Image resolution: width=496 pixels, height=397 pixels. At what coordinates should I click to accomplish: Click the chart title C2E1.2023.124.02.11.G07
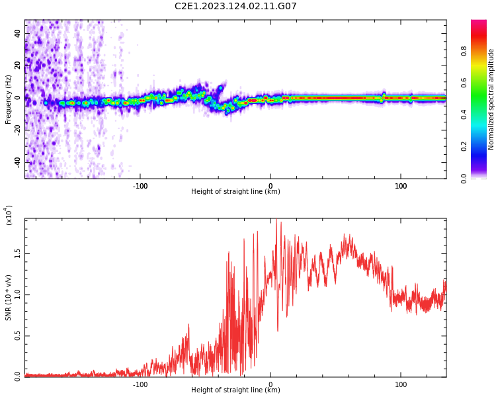[x=235, y=7]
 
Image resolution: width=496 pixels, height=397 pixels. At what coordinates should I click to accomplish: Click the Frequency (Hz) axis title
[x=9, y=99]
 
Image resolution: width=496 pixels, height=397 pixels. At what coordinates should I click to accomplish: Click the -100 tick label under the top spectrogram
[x=140, y=186]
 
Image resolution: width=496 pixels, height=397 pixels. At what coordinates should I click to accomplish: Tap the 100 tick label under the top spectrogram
[x=401, y=186]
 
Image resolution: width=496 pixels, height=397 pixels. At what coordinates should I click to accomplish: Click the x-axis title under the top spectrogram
[x=235, y=192]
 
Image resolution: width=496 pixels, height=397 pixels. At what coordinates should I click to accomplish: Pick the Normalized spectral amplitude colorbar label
[x=491, y=99]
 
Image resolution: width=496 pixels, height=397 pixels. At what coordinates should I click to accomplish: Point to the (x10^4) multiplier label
[x=9, y=215]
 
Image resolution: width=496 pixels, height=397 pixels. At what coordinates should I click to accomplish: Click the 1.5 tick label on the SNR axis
[x=17, y=253]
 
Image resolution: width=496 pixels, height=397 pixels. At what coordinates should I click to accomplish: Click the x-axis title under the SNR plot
[x=235, y=390]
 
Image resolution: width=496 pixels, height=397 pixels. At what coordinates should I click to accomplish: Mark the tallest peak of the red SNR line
[x=276, y=221]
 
